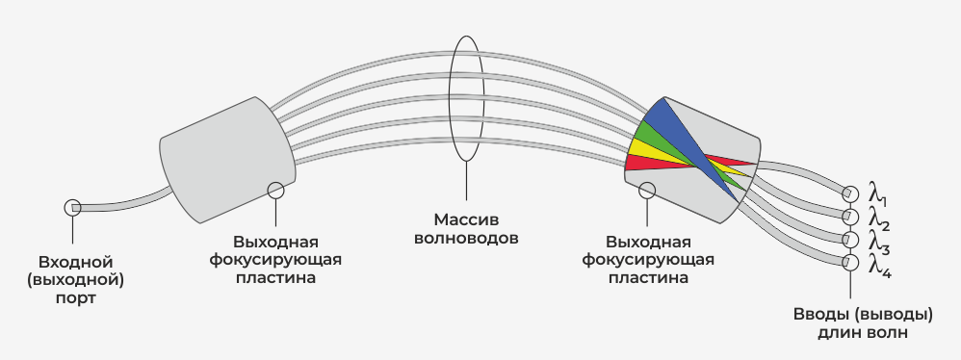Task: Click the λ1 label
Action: (x=876, y=193)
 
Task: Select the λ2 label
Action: (x=876, y=218)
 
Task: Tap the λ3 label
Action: (x=876, y=241)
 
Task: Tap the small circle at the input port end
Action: (x=72, y=207)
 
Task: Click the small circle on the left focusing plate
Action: (x=276, y=190)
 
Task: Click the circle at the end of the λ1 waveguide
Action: (x=850, y=192)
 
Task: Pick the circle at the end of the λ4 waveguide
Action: (x=850, y=263)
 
